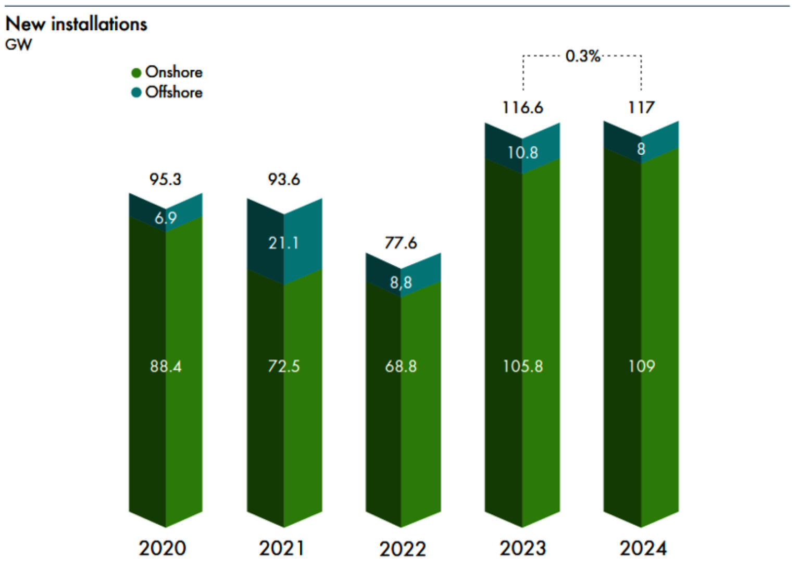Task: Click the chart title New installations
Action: (76, 24)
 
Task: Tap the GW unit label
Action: (18, 45)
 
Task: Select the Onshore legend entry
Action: (167, 72)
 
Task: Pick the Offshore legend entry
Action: (167, 92)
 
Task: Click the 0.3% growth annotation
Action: (582, 56)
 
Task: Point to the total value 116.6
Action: (522, 108)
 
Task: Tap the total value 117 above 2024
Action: (641, 107)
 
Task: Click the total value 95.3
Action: (165, 179)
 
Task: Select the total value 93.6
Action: (284, 179)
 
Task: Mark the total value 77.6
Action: (401, 243)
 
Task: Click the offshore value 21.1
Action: (284, 243)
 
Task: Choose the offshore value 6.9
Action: (166, 218)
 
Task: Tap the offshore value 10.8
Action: (523, 153)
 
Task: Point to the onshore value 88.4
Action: (166, 366)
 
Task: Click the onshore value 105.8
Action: (523, 366)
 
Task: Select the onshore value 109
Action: (642, 366)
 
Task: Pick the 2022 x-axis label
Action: (402, 549)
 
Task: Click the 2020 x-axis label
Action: (162, 548)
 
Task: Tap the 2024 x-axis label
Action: (643, 548)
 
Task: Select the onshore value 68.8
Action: (401, 366)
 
